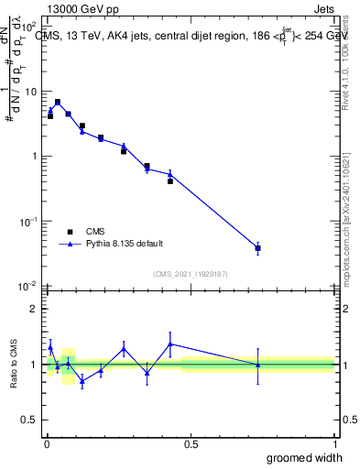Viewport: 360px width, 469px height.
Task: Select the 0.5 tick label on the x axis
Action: coord(191,443)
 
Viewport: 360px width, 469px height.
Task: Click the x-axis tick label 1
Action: coord(334,443)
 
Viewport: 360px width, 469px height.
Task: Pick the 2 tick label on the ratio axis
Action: coord(33,309)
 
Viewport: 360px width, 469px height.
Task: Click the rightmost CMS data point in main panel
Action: coord(258,248)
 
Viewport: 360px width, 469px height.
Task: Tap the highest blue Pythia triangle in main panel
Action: coord(58,102)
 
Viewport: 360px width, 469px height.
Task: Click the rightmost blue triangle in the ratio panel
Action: coord(258,365)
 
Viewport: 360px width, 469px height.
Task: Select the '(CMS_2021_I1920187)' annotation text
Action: coord(191,273)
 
